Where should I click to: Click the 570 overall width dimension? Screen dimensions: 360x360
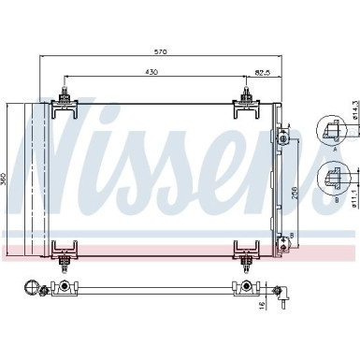coord(162,52)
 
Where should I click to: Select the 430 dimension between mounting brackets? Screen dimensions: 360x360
coord(151,72)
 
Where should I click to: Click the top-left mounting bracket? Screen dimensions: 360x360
coord(64,103)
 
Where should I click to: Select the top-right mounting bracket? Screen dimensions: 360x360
coord(246,103)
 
